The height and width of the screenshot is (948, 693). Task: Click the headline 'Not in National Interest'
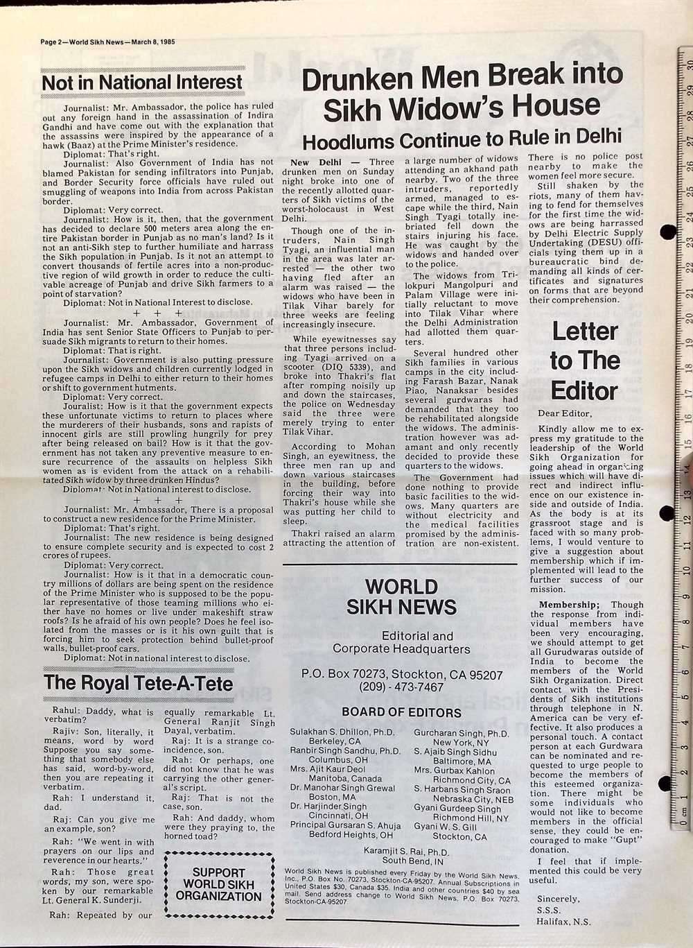(142, 83)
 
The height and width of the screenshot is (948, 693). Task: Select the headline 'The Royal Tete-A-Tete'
(139, 683)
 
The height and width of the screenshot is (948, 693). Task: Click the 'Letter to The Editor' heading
(584, 361)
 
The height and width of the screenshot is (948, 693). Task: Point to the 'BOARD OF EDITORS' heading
(401, 712)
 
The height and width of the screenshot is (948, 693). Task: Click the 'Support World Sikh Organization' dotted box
(218, 884)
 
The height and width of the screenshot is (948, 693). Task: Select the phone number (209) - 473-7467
(401, 687)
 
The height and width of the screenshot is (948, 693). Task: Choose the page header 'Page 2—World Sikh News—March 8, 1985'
(107, 42)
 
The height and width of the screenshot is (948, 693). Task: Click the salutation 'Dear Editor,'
(561, 413)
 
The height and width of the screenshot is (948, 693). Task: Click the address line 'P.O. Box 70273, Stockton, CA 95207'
(402, 674)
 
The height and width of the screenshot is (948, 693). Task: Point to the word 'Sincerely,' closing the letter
(558, 899)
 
